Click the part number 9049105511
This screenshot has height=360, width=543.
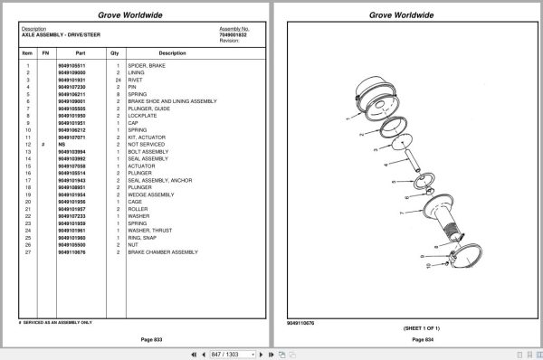click(71, 66)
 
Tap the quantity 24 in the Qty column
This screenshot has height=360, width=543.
click(118, 80)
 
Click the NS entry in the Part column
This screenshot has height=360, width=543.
click(62, 144)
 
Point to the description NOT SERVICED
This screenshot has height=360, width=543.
click(148, 144)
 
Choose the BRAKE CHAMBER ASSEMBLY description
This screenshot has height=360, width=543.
click(162, 251)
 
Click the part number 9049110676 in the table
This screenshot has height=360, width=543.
click(71, 251)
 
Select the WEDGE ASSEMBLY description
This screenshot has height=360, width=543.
click(148, 194)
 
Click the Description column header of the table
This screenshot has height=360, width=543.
click(158, 53)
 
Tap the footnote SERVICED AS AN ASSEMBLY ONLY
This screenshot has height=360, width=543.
click(57, 322)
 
